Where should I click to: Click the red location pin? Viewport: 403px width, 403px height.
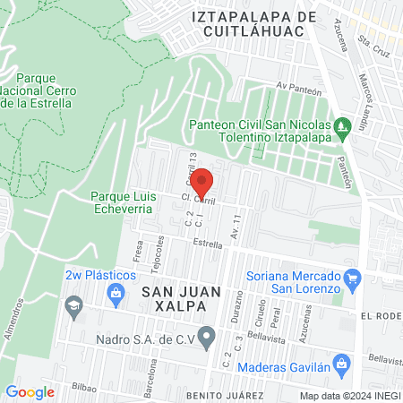coord(203,182)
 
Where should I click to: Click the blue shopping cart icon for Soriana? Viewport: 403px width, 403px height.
coord(353,279)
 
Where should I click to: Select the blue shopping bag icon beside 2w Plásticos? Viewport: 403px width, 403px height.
coord(116,292)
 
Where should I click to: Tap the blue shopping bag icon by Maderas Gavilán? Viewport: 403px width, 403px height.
coord(340,364)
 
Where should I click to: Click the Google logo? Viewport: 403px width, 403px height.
coord(30,391)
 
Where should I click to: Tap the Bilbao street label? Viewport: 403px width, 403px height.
coord(85,389)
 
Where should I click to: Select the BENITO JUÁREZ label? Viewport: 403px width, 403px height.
coord(225,395)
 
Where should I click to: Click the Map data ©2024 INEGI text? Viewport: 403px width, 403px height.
coord(348,395)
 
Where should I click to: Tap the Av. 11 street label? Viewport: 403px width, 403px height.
coord(236,227)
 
